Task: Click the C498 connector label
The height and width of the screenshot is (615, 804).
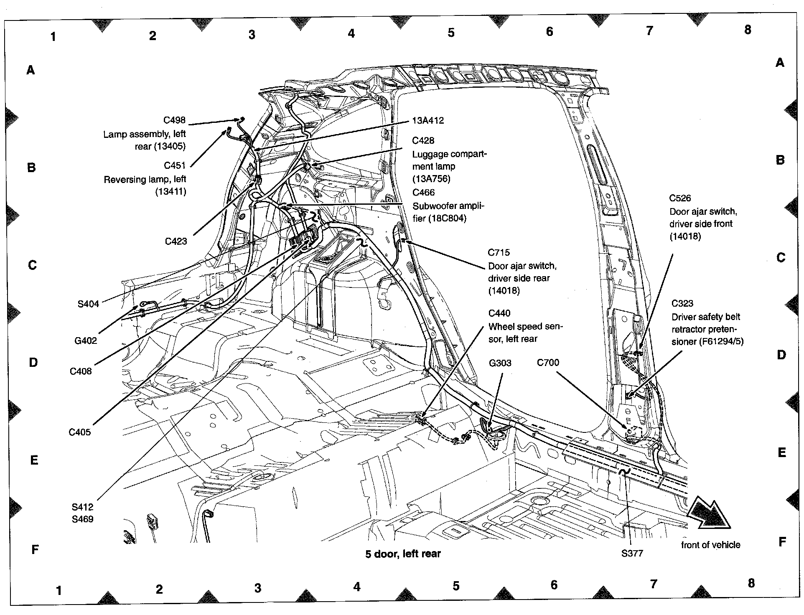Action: pyautogui.click(x=174, y=120)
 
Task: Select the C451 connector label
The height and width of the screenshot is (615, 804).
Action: pyautogui.click(x=174, y=165)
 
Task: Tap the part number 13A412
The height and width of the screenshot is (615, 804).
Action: pyautogui.click(x=427, y=121)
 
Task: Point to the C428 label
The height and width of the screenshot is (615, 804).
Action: pyautogui.click(x=423, y=140)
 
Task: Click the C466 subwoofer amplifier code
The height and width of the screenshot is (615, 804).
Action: pyautogui.click(x=423, y=193)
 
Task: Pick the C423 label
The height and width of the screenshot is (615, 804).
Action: pyautogui.click(x=176, y=241)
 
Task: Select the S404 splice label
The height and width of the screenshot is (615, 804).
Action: pyautogui.click(x=88, y=304)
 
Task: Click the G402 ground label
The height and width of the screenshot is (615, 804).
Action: pyautogui.click(x=86, y=341)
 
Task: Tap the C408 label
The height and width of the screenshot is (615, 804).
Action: pyautogui.click(x=81, y=371)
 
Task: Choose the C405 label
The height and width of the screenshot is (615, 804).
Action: pyautogui.click(x=79, y=432)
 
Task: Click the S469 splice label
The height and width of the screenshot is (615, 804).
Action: pyautogui.click(x=82, y=519)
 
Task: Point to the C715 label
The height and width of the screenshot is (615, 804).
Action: pyautogui.click(x=499, y=252)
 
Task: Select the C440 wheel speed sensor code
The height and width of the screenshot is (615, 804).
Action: pyautogui.click(x=499, y=313)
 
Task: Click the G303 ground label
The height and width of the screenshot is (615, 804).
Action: pyautogui.click(x=500, y=363)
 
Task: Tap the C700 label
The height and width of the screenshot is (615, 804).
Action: pyautogui.click(x=548, y=362)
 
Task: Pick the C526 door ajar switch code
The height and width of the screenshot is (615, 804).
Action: pyautogui.click(x=680, y=198)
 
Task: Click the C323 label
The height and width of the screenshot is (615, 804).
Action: pyautogui.click(x=682, y=303)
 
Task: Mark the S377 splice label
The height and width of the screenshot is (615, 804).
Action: pyautogui.click(x=632, y=554)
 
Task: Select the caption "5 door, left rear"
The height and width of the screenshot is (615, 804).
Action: pyautogui.click(x=403, y=554)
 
